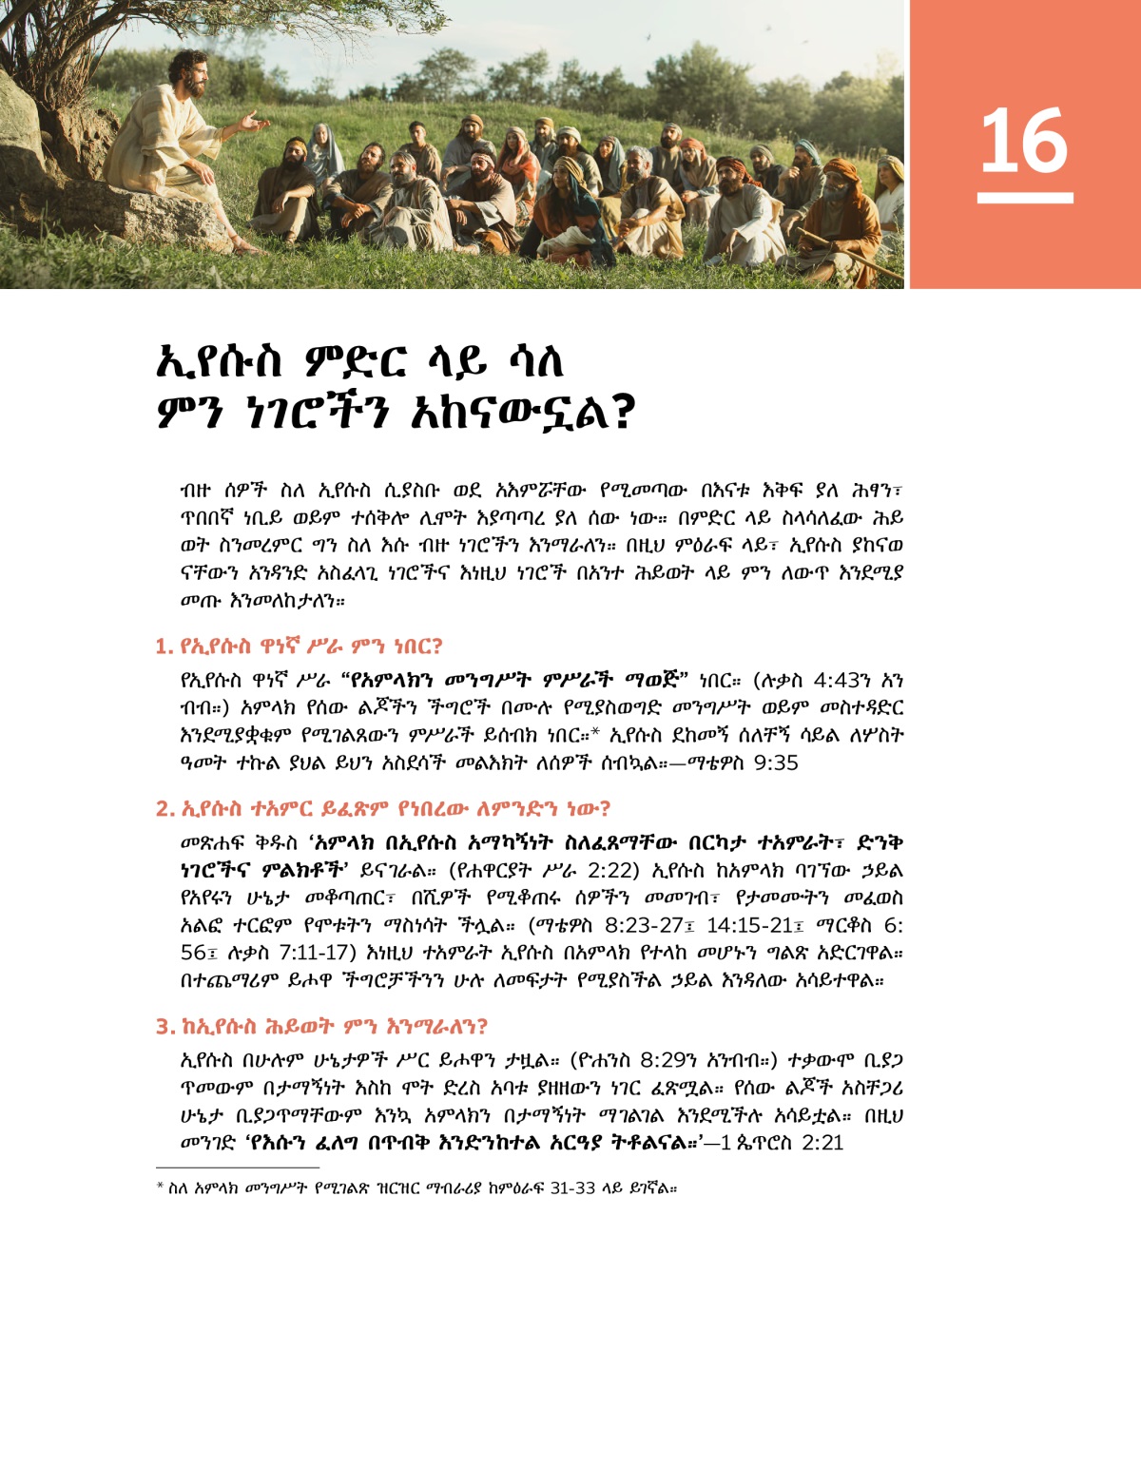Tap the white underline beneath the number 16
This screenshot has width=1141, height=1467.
click(x=1024, y=198)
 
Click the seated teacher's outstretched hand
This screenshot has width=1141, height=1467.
click(x=253, y=121)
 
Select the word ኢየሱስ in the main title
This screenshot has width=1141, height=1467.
click(x=220, y=362)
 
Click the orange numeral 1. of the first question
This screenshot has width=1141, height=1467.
click(x=164, y=647)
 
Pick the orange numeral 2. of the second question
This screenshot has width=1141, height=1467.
click(x=164, y=810)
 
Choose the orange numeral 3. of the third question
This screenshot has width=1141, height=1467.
click(x=164, y=1027)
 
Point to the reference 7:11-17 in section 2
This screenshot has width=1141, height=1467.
click(x=307, y=953)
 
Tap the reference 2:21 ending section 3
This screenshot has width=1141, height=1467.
click(x=822, y=1143)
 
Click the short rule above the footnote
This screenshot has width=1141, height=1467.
click(x=237, y=1167)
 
